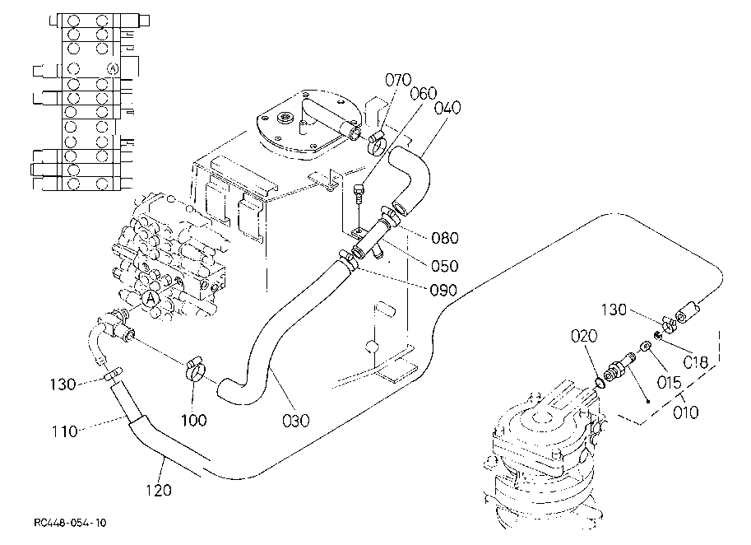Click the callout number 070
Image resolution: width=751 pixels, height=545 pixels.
click(398, 80)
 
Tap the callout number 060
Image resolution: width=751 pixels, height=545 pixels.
click(424, 93)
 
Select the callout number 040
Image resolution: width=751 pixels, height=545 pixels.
click(447, 108)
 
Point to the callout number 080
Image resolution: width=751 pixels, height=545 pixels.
click(445, 238)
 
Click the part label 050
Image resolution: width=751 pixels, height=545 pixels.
click(445, 266)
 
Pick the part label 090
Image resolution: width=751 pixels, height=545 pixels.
click(443, 291)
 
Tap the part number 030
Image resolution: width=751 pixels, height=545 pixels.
click(295, 421)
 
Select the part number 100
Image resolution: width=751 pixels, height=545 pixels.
click(194, 421)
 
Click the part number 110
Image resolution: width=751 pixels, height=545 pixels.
click(65, 432)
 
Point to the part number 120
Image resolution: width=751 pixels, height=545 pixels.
click(159, 491)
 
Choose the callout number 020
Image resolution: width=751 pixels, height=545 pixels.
click(584, 337)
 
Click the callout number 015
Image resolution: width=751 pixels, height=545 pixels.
click(669, 383)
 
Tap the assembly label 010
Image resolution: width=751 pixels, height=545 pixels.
click(686, 412)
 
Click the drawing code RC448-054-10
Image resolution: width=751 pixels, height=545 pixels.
click(70, 523)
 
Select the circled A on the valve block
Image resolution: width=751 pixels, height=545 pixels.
click(151, 299)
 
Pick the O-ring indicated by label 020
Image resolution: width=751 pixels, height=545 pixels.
click(599, 383)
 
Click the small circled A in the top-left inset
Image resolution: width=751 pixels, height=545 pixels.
click(113, 69)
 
